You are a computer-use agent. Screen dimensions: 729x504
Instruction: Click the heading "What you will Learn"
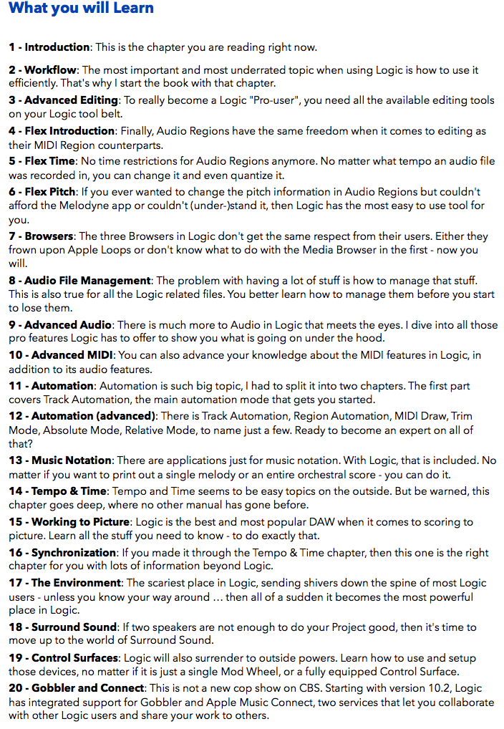(81, 9)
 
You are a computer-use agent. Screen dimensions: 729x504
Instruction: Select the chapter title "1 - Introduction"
(49, 47)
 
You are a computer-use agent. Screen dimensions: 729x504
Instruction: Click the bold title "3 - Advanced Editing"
(63, 100)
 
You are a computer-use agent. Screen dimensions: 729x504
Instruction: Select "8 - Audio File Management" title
(79, 280)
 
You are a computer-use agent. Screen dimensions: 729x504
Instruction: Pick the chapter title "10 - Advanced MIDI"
(62, 355)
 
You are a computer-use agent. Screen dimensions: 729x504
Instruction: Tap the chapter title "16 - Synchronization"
(62, 553)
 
